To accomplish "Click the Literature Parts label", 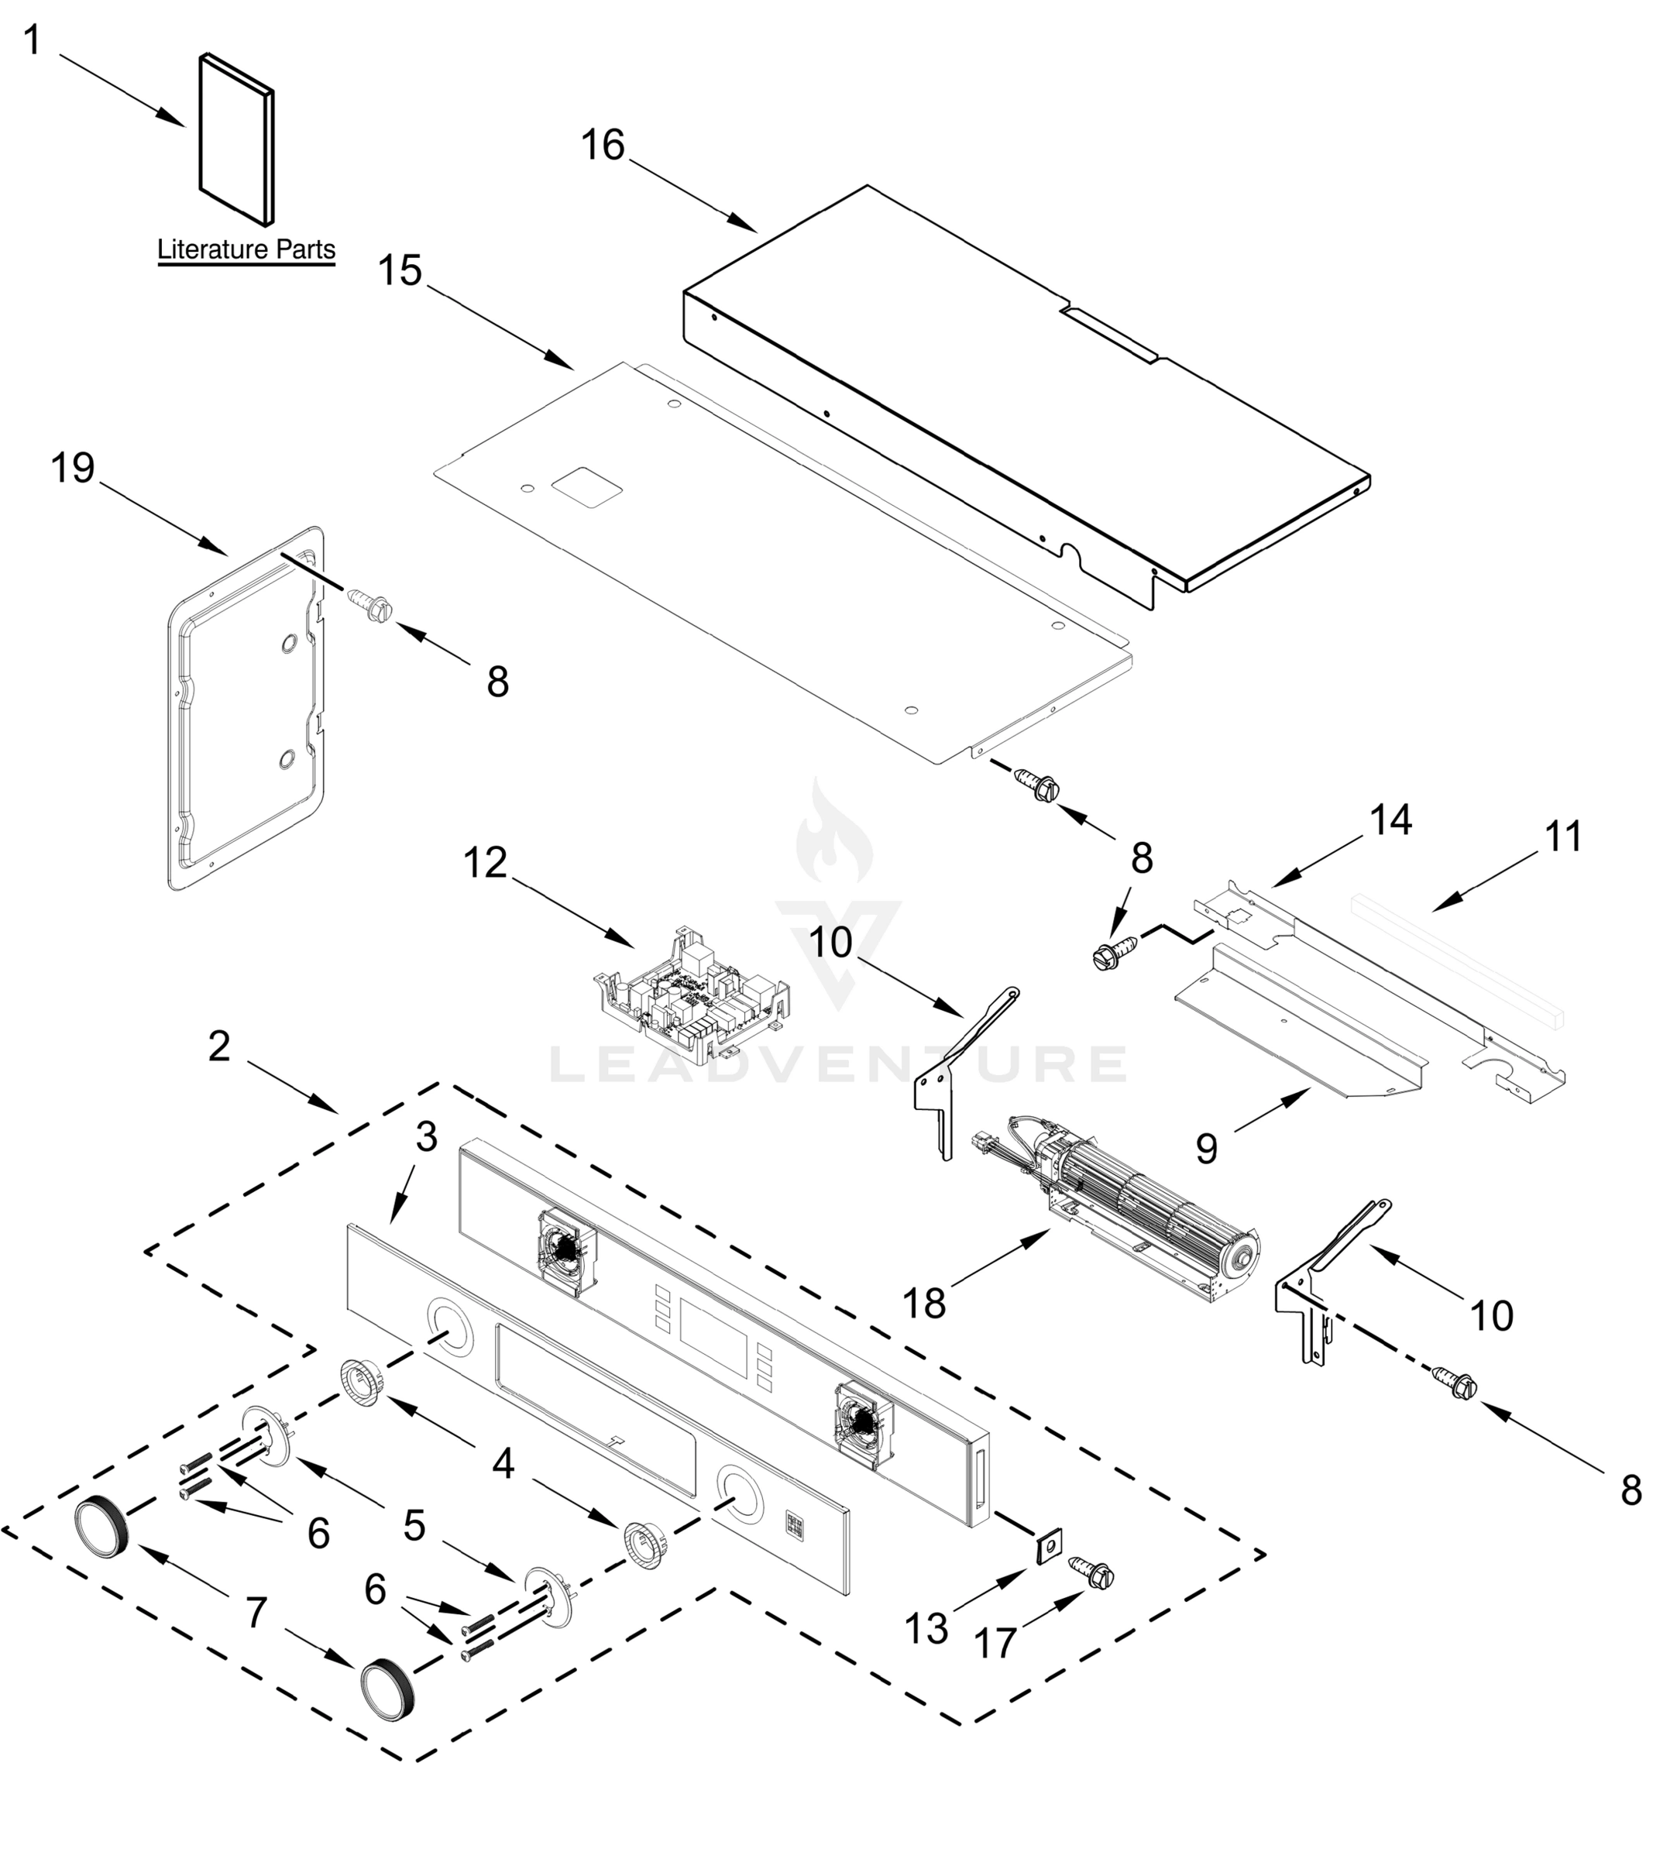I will click(246, 249).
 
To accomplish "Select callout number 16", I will click(603, 146).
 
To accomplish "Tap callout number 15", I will click(400, 271).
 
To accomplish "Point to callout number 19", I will click(73, 468).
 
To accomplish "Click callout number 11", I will click(1562, 837).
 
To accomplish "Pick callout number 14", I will click(1390, 820).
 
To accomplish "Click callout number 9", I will click(1206, 1148).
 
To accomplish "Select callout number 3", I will click(426, 1138).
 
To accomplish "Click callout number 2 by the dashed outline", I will click(218, 1046).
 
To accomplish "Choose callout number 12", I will click(486, 863).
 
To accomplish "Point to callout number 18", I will click(924, 1304).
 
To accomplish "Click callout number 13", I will click(926, 1629).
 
